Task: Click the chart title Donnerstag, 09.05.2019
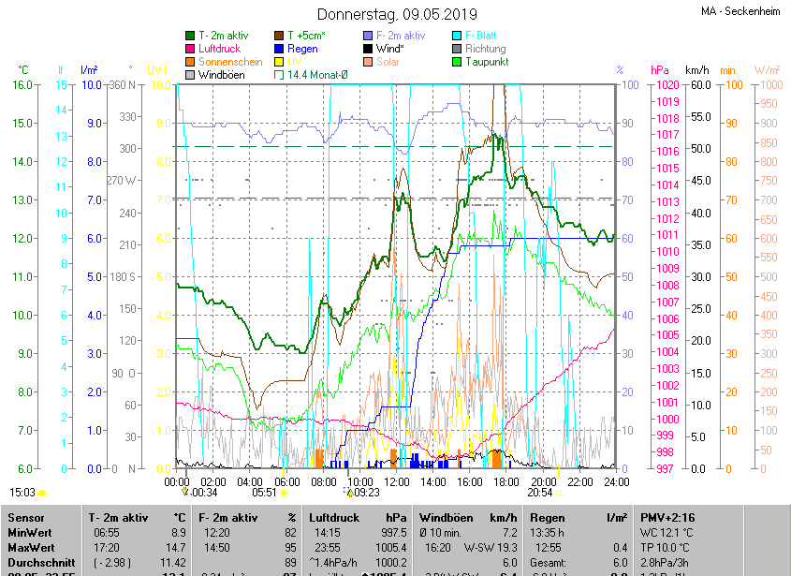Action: (x=397, y=14)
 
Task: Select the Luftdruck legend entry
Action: (x=219, y=48)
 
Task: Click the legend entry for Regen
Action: (x=301, y=48)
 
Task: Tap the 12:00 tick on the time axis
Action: (x=397, y=481)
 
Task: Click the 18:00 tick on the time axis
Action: (x=506, y=481)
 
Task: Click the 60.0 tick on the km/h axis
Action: (x=696, y=84)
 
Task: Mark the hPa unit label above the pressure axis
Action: (x=660, y=69)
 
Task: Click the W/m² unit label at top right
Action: (x=767, y=69)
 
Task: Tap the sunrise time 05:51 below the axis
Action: (x=265, y=492)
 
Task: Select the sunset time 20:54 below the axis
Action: (x=539, y=492)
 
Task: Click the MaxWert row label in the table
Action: (x=32, y=547)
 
